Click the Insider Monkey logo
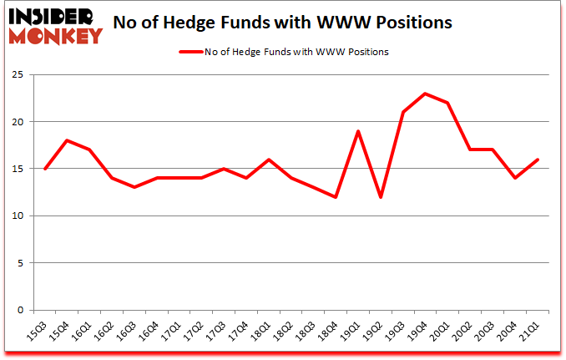(x=54, y=23)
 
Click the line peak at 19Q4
(x=426, y=94)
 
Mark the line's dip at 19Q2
(x=381, y=197)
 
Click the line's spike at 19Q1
(x=358, y=131)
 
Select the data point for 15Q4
(x=67, y=140)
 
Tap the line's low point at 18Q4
(x=336, y=197)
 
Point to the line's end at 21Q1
(x=538, y=160)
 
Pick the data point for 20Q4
(x=515, y=178)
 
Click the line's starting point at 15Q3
(x=44, y=169)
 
